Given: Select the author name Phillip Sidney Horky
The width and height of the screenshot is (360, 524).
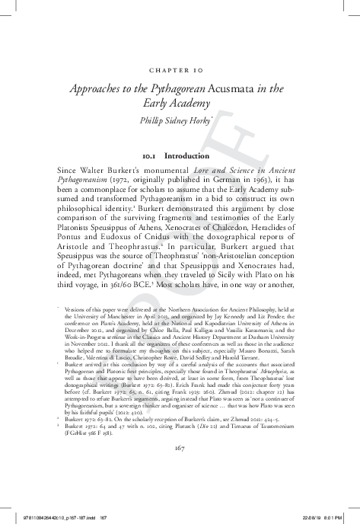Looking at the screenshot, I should (180, 120).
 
